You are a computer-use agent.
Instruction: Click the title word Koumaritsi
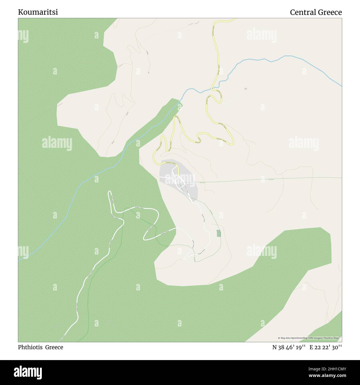tap(38, 12)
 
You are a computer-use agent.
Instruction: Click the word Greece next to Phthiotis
tap(54, 347)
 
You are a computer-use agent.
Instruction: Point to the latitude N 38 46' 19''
tap(289, 347)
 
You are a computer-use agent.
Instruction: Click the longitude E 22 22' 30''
tap(326, 347)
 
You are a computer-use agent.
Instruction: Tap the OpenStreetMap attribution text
tap(310, 338)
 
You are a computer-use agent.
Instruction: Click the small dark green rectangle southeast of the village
tap(219, 233)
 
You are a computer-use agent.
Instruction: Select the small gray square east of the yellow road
tap(245, 89)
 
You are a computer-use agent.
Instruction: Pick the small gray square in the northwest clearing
tap(149, 73)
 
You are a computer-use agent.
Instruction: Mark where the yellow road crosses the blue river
tap(213, 89)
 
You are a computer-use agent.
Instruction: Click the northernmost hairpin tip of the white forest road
tap(110, 192)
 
